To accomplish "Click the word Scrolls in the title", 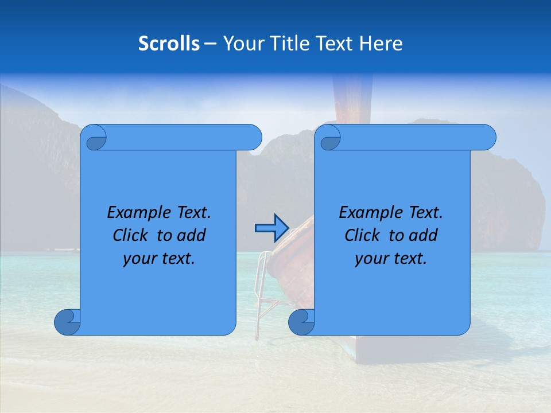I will tap(169, 43).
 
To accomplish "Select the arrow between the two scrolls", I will tap(271, 228).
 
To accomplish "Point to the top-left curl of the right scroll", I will tap(329, 138).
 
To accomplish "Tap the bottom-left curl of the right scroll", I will tap(302, 322).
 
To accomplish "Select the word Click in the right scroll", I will tap(363, 235).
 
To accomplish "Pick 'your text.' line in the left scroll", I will tap(159, 258).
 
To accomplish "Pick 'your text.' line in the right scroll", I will tap(391, 258).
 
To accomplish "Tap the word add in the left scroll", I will tap(191, 235).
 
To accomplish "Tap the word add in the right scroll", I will tap(423, 235).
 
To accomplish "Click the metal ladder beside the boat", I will tap(264, 287).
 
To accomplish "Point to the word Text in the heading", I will tap(332, 43).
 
